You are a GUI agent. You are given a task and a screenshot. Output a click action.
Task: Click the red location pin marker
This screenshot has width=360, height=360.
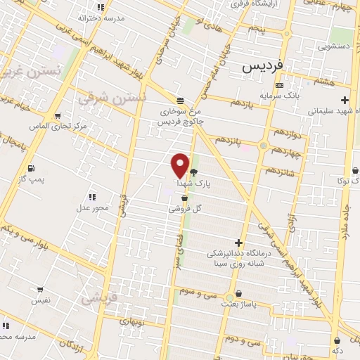[x=180, y=165]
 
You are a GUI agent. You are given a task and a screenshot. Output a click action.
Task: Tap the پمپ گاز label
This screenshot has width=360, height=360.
[x=32, y=180]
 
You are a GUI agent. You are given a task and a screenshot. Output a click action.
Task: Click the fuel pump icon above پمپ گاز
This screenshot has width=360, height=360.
[x=32, y=168]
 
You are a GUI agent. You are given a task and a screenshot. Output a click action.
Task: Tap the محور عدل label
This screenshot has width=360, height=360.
[x=91, y=208]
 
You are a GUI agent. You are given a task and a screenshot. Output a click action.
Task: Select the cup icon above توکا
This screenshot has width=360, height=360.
[x=355, y=170]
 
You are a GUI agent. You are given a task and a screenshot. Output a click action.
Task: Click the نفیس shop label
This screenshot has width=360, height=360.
[x=39, y=300]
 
